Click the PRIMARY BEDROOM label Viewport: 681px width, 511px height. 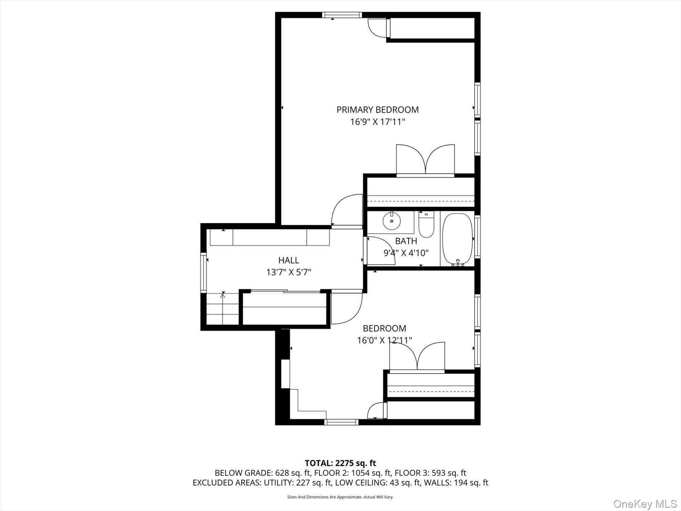click(x=377, y=110)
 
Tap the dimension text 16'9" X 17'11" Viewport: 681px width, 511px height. click(x=377, y=122)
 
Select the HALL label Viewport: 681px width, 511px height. click(x=289, y=260)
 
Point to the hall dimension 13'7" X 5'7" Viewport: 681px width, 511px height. click(x=289, y=273)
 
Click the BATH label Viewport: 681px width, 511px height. click(x=406, y=241)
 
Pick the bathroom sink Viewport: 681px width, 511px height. click(x=391, y=221)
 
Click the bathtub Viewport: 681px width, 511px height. click(x=458, y=240)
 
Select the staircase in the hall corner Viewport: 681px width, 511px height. click(x=223, y=309)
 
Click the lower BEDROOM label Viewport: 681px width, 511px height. click(x=384, y=328)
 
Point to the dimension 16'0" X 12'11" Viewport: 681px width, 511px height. click(x=384, y=340)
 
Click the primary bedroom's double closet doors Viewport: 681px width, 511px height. click(x=425, y=160)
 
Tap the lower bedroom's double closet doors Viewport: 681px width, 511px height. click(x=417, y=356)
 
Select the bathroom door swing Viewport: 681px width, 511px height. click(x=380, y=251)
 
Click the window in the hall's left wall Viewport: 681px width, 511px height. click(x=203, y=273)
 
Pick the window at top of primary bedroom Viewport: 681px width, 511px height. click(x=342, y=15)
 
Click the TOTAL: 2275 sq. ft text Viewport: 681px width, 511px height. click(x=340, y=463)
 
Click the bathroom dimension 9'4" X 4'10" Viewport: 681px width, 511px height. click(x=406, y=253)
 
